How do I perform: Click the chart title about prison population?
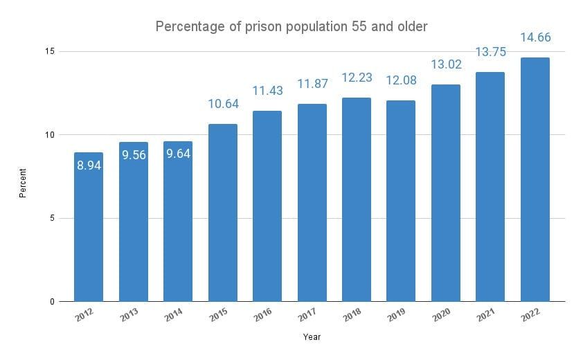pos(291,26)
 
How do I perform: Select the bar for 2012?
pos(89,228)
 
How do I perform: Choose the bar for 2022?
pos(535,180)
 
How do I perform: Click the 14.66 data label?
pos(535,37)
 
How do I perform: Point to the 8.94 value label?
pos(89,166)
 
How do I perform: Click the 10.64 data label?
pos(222,105)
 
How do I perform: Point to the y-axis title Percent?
pos(22,181)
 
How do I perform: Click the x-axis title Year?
pos(312,337)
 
